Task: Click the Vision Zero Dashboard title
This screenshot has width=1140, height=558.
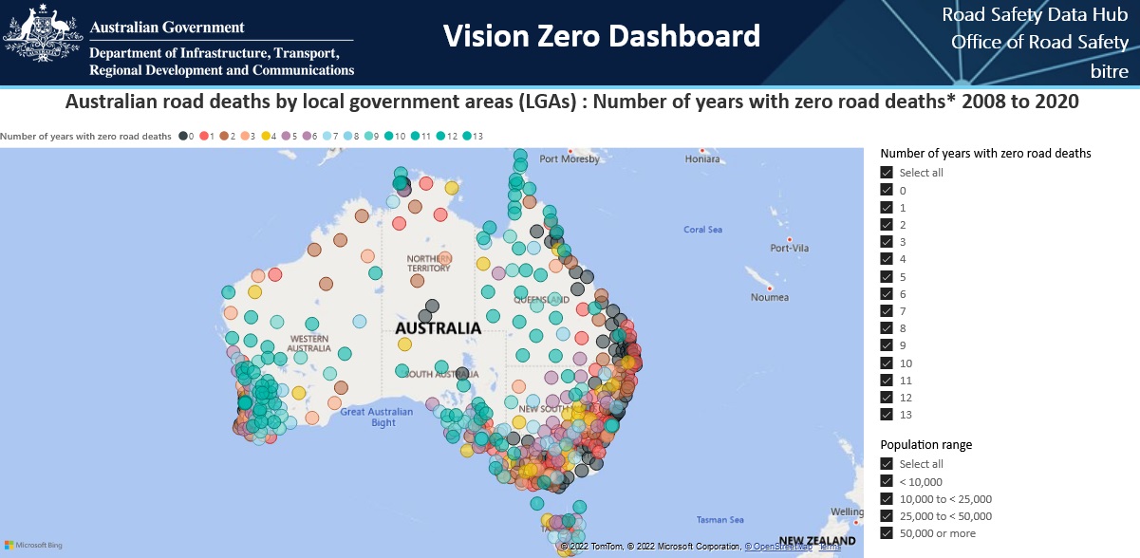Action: coord(602,36)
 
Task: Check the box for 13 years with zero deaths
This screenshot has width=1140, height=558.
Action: coord(887,415)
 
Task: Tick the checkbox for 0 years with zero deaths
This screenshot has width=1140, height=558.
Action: coord(887,190)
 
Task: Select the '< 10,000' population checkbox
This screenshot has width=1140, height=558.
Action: coord(887,482)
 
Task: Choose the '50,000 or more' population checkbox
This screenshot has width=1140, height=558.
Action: coord(887,533)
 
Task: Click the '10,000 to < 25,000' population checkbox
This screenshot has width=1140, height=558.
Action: coord(887,499)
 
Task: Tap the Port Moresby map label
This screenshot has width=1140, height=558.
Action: coord(570,159)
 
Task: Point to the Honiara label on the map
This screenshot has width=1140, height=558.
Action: coord(702,159)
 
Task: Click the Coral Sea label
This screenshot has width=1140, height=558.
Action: coord(702,230)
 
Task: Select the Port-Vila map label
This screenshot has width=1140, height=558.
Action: coord(790,249)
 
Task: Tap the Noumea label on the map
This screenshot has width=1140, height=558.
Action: coord(769,297)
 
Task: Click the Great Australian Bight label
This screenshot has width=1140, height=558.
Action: coord(377,417)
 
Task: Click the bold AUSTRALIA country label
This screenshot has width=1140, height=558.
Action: coord(438,328)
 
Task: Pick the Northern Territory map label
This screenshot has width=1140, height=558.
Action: coord(428,263)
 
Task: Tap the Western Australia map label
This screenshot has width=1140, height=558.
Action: coord(310,343)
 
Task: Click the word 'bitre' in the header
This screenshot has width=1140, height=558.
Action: coord(1109,71)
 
